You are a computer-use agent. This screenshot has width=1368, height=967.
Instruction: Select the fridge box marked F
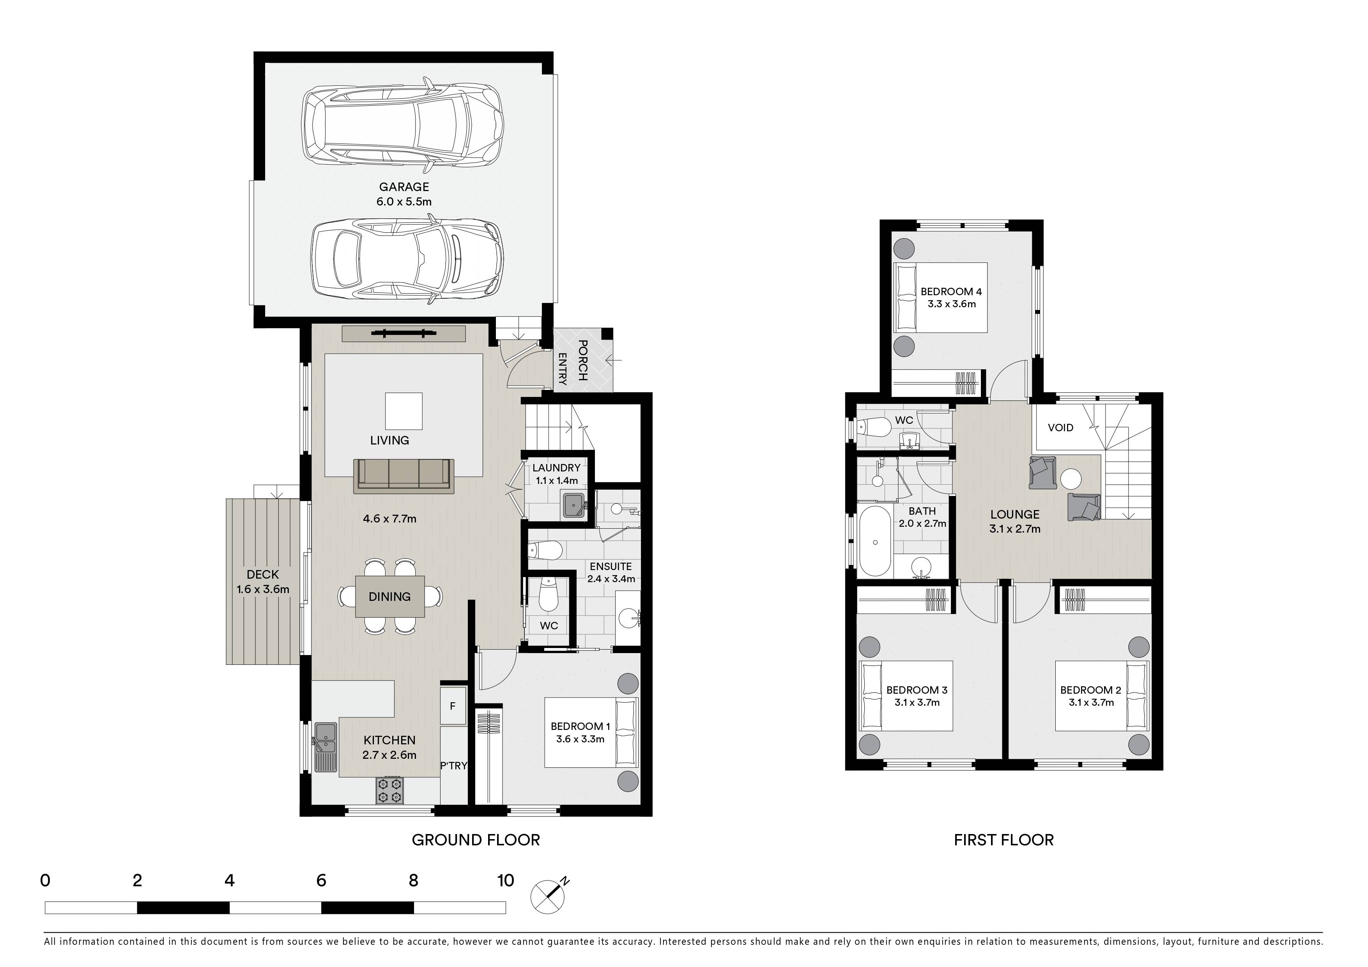453,706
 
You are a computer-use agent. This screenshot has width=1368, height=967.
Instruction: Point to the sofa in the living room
403,475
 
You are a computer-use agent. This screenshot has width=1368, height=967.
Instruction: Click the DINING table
390,597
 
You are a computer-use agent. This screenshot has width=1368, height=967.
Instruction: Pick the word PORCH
583,360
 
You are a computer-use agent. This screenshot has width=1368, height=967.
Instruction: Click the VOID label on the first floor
1060,428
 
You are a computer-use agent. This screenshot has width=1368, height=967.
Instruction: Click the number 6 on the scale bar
321,880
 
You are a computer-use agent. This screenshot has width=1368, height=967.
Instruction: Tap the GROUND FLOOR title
476,840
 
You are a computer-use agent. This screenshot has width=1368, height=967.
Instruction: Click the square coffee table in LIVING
403,411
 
